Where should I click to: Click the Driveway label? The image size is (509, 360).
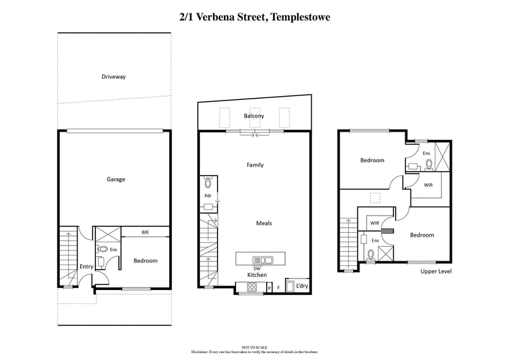pyautogui.click(x=113, y=77)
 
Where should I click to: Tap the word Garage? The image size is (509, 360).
pyautogui.click(x=115, y=179)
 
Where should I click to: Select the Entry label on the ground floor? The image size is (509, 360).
pyautogui.click(x=87, y=267)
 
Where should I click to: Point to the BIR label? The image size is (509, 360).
pyautogui.click(x=145, y=233)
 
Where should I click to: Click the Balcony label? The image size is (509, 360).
pyautogui.click(x=254, y=116)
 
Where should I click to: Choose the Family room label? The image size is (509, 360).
pyautogui.click(x=255, y=165)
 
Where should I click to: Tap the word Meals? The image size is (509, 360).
pyautogui.click(x=265, y=223)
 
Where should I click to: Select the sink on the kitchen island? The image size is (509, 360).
pyautogui.click(x=261, y=260)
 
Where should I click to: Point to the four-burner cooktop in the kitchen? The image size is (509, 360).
pyautogui.click(x=251, y=287)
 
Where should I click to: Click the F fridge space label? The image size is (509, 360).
pyautogui.click(x=278, y=288)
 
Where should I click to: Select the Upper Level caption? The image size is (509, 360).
pyautogui.click(x=436, y=272)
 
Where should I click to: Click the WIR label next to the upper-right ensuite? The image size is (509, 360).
pyautogui.click(x=428, y=184)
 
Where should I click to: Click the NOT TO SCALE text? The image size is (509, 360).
pyautogui.click(x=254, y=347)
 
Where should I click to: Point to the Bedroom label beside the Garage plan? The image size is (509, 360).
pyautogui.click(x=145, y=261)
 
